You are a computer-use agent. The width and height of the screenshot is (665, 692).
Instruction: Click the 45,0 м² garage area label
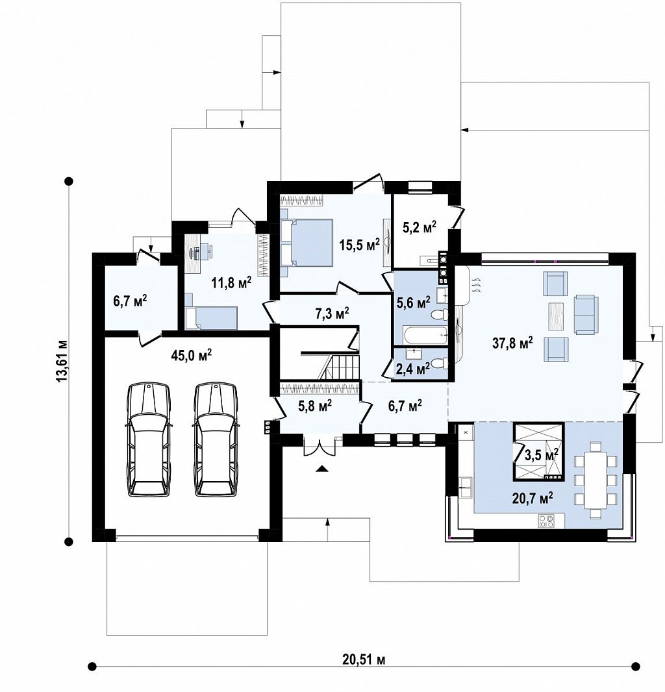click(x=191, y=355)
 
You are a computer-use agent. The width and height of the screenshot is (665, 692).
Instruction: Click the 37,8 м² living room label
click(x=512, y=343)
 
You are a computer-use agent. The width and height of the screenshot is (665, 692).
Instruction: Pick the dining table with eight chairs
click(x=595, y=480)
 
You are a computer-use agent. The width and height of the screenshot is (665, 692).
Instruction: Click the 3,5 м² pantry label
click(x=541, y=454)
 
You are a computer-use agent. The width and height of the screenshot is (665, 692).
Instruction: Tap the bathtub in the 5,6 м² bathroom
click(x=421, y=336)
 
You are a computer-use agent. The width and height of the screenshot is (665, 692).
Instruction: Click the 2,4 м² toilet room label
click(x=413, y=369)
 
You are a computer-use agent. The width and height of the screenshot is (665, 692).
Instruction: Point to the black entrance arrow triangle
click(x=322, y=469)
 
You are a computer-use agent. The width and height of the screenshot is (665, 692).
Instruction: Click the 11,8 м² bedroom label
click(x=231, y=282)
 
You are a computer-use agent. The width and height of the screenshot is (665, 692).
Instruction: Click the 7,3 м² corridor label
click(x=332, y=314)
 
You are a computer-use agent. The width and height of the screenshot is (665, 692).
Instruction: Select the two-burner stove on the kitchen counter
click(x=546, y=522)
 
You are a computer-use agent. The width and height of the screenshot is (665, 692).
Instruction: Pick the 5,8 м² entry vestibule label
click(x=315, y=406)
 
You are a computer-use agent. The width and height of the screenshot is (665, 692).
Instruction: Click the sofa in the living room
click(x=586, y=315)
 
